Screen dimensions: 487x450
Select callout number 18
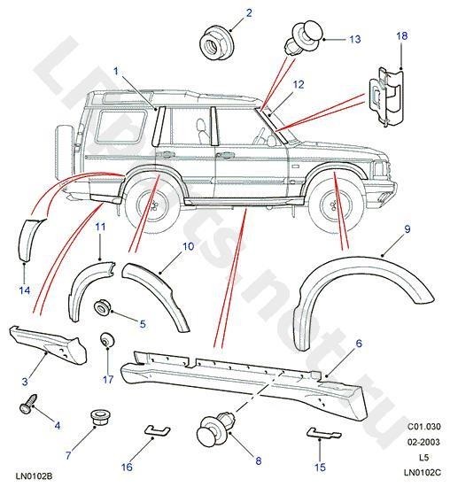click(x=402, y=35)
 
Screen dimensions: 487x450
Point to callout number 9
click(x=383, y=229)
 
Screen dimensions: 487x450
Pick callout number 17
click(x=107, y=379)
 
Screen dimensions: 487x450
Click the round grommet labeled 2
click(x=212, y=41)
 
